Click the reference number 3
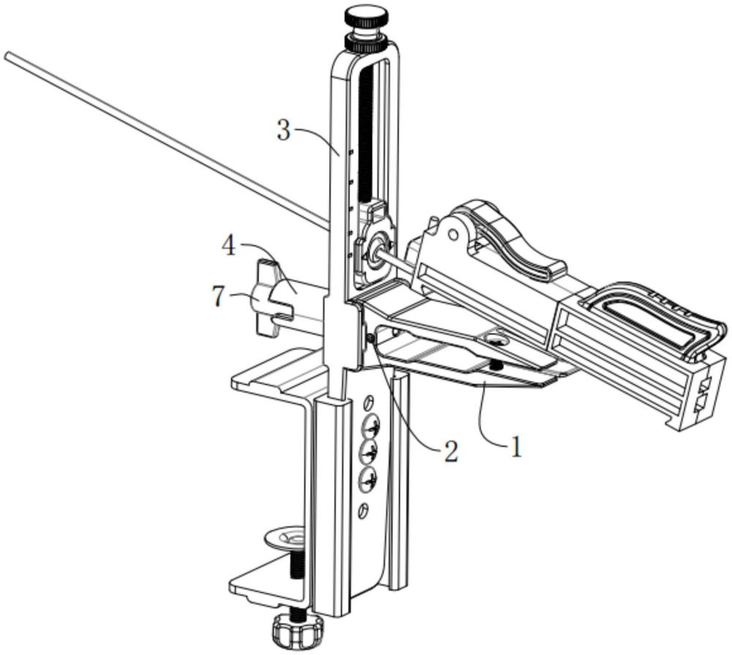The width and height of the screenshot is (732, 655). click(284, 131)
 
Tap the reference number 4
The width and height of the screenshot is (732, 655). click(228, 246)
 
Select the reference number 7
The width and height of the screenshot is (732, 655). click(217, 296)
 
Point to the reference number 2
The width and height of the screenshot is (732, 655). click(450, 451)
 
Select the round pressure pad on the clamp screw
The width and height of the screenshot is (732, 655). click(285, 539)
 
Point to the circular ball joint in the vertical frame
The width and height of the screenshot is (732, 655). click(377, 252)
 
